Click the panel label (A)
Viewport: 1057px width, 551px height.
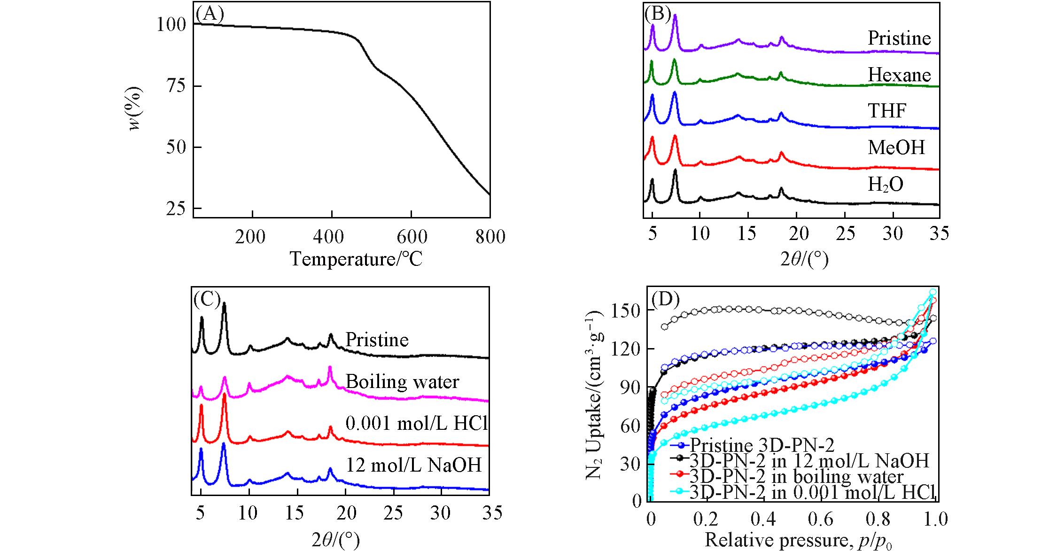[x=210, y=14]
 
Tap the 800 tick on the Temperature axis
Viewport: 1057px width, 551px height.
[x=490, y=236]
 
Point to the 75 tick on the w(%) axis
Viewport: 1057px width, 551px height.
[x=176, y=86]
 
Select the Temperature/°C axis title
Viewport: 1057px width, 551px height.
[x=356, y=259]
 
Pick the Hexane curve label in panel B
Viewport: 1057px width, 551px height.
[x=899, y=75]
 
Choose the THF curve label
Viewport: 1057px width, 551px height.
[x=886, y=111]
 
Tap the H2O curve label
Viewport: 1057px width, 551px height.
[x=885, y=185]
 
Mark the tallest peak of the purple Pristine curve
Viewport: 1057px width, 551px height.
[x=675, y=16]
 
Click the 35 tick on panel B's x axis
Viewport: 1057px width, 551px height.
[x=939, y=233]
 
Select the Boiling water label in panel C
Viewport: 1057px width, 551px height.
[x=403, y=381]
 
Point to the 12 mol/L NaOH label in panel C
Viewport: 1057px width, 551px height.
[x=414, y=465]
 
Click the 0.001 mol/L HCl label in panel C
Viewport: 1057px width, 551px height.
[x=417, y=424]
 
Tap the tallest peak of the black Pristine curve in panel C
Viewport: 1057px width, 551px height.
[x=224, y=303]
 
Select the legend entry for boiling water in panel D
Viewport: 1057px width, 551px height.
[x=796, y=476]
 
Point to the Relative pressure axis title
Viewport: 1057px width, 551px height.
[x=798, y=540]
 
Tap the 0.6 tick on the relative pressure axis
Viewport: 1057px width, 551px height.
[x=820, y=519]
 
